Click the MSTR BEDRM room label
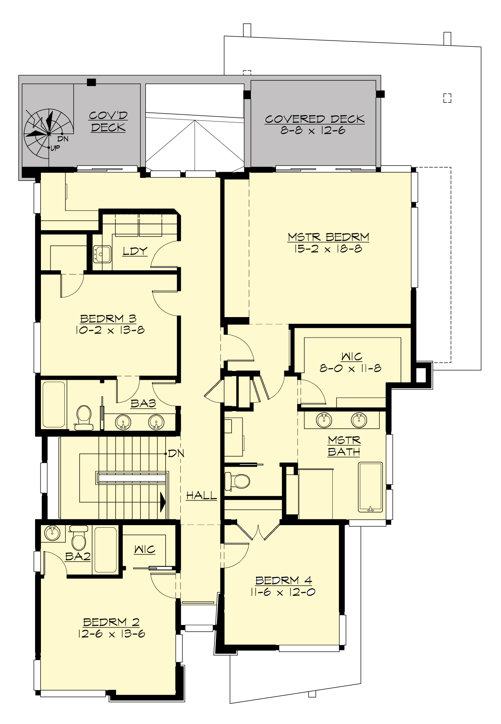(x=328, y=237)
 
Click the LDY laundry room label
(x=135, y=251)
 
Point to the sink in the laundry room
(x=102, y=254)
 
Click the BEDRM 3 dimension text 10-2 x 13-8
(x=110, y=330)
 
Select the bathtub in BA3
(x=53, y=404)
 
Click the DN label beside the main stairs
(x=176, y=453)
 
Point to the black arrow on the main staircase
(x=163, y=501)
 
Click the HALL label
(x=201, y=496)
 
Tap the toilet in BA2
(x=78, y=538)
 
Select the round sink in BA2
(x=52, y=533)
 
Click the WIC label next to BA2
(x=144, y=549)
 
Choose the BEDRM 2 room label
(x=111, y=622)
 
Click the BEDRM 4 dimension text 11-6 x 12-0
(x=283, y=592)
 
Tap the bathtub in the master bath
(x=370, y=487)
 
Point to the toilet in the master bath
(x=237, y=481)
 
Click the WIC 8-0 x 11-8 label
(x=351, y=363)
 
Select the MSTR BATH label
(x=344, y=446)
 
